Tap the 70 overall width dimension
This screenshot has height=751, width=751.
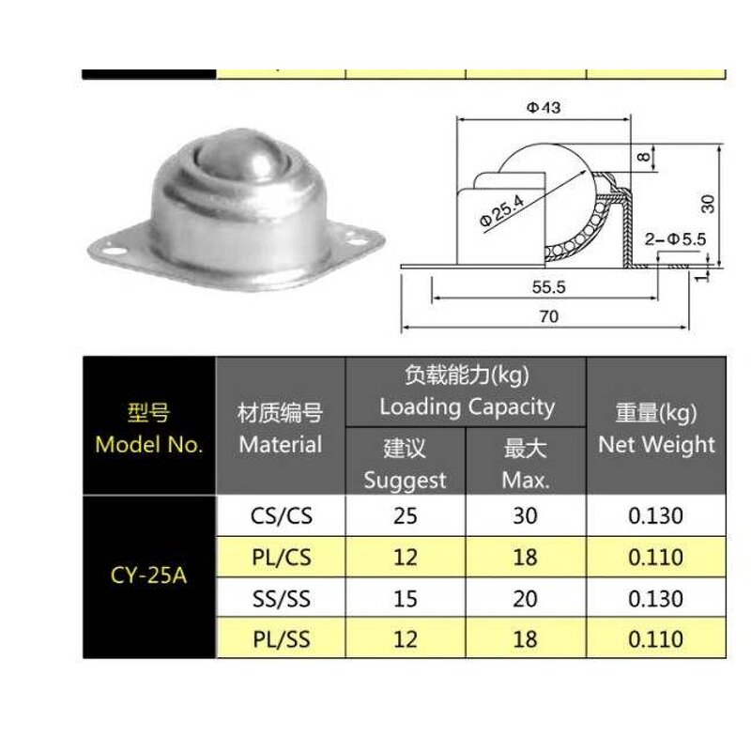549,317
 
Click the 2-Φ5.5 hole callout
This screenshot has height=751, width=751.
675,239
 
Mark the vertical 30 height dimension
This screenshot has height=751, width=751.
709,203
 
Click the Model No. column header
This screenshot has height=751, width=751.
149,444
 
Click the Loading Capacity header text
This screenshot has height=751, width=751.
467,407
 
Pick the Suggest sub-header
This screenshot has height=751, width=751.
406,481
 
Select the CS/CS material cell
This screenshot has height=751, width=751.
281,515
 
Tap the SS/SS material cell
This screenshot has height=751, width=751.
281,598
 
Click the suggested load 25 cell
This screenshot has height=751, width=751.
406,515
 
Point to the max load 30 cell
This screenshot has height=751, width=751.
526,515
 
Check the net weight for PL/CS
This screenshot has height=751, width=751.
656,557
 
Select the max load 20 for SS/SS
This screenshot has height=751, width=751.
526,598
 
